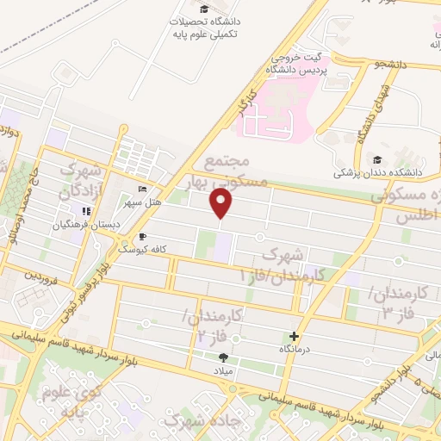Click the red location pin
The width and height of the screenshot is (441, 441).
click(x=221, y=204)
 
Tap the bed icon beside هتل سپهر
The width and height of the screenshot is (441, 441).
click(x=142, y=189)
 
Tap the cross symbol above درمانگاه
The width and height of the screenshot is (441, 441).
click(x=295, y=336)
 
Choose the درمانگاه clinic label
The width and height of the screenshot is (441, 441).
click(x=295, y=349)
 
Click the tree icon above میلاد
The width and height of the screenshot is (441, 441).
click(x=224, y=357)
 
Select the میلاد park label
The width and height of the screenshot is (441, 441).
click(x=224, y=370)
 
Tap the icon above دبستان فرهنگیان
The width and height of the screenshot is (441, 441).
click(x=85, y=212)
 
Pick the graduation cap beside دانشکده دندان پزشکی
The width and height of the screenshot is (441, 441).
click(x=376, y=160)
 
